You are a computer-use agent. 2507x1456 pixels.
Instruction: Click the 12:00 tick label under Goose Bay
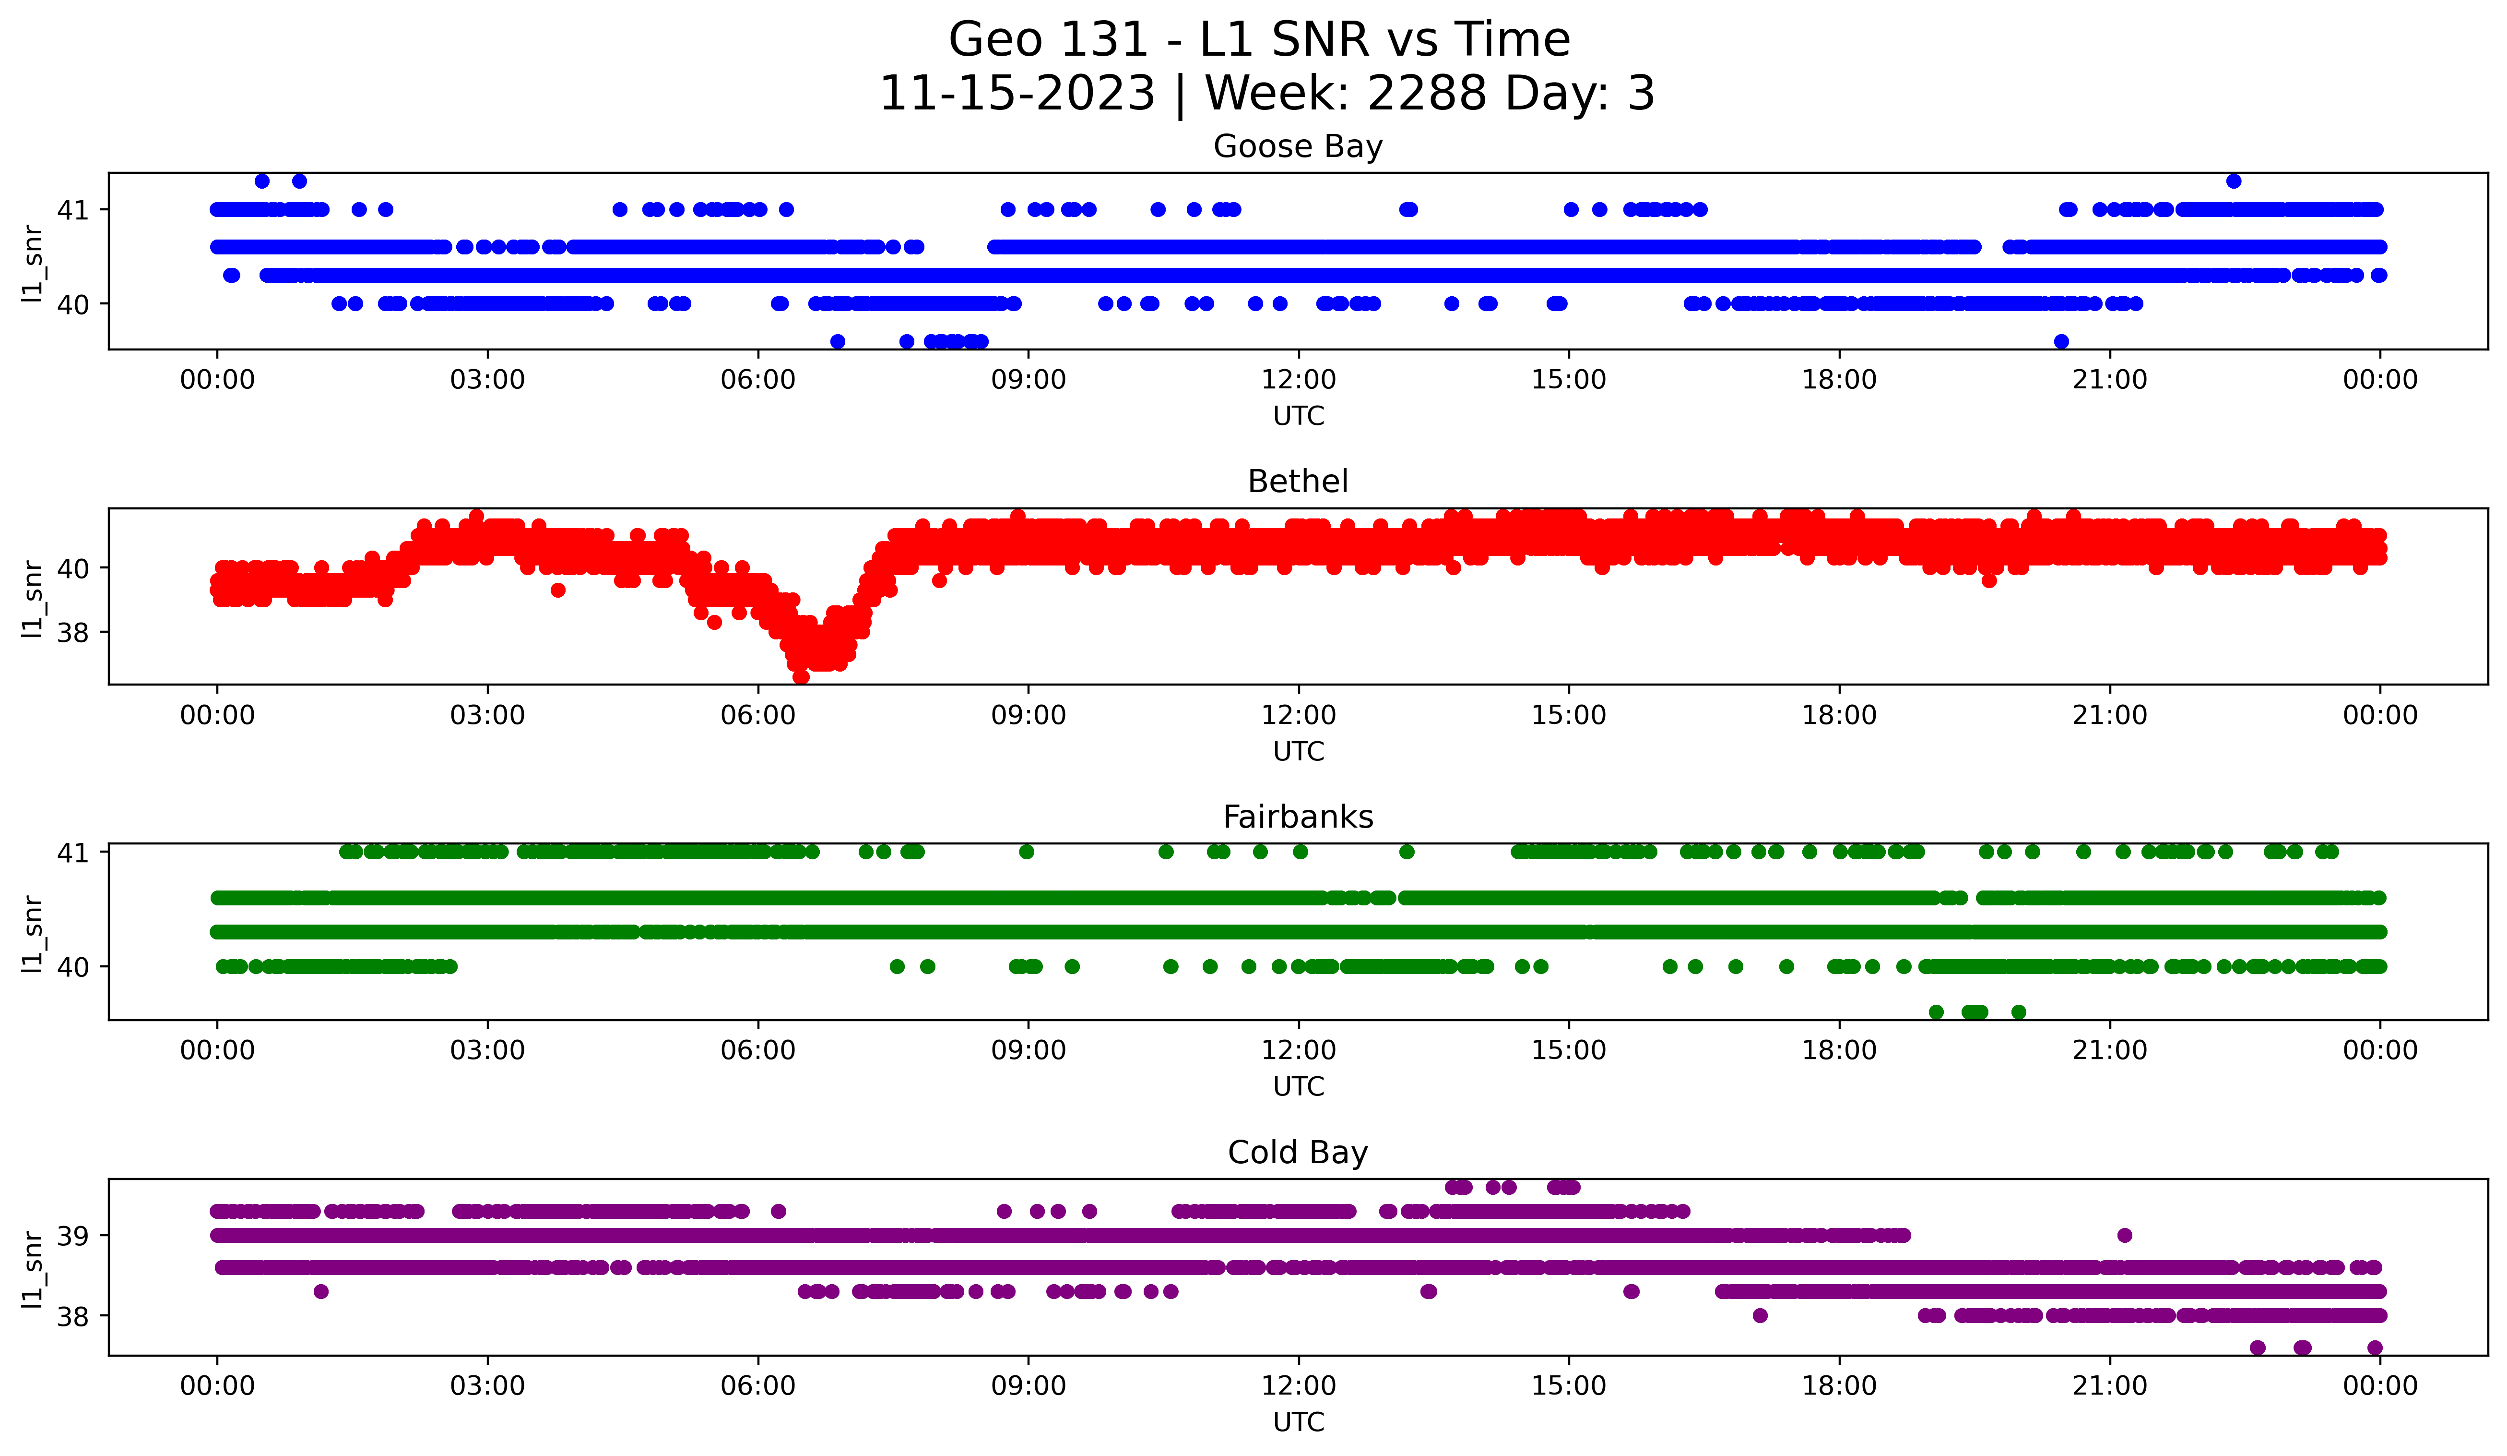pos(1298,380)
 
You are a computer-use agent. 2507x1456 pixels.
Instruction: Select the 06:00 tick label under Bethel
pos(758,716)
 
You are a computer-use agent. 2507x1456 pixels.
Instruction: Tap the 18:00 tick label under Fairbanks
pos(1838,1051)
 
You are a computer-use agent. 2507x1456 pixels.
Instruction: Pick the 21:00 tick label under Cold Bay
pos(2109,1386)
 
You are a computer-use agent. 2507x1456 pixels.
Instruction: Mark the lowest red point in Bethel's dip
pos(801,677)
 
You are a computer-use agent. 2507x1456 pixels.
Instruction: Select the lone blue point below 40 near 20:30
pos(2061,341)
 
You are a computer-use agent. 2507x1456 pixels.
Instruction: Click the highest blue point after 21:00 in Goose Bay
pos(2234,181)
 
